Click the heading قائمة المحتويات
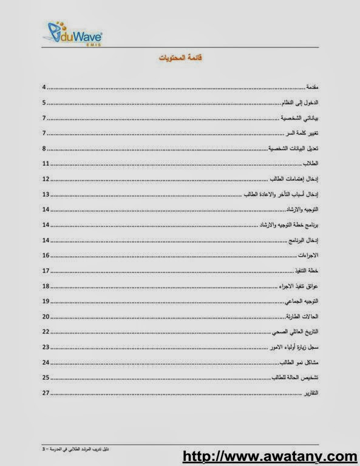pos(180,58)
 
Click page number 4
pos(44,88)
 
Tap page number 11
pos(46,164)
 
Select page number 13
pos(46,194)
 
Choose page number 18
pos(46,286)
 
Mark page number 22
pos(46,332)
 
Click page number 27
pos(46,393)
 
